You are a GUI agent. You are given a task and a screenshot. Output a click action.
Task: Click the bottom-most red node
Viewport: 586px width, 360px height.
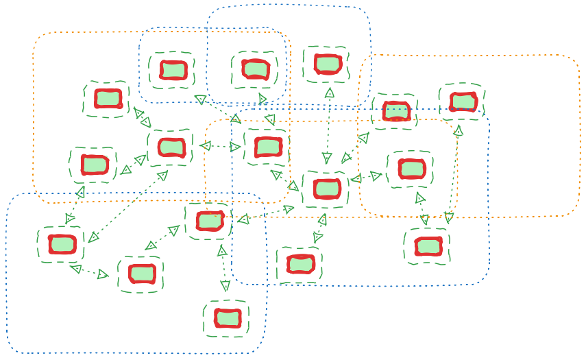coord(227,318)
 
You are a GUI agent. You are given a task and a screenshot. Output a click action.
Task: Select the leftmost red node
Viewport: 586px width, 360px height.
coord(62,243)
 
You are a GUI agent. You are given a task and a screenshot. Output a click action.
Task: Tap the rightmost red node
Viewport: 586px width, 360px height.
coord(463,101)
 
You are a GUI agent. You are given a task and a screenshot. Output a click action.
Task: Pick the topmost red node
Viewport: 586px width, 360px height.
coord(328,64)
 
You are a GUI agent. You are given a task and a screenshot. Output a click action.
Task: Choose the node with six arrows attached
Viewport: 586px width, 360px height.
coord(326,189)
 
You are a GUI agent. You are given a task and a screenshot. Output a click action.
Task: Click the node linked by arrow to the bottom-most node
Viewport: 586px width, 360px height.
coord(209,220)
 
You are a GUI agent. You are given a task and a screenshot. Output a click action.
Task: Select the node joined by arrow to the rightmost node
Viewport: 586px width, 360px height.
coord(428,245)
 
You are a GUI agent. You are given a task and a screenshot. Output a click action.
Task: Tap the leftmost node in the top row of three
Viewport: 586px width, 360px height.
coord(173,69)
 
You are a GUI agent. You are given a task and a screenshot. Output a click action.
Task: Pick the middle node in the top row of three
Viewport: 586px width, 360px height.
coord(255,69)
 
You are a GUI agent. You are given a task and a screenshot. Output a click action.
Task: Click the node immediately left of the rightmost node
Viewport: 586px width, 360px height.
coord(396,110)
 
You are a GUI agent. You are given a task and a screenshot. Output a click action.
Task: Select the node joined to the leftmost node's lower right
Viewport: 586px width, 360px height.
coord(141,274)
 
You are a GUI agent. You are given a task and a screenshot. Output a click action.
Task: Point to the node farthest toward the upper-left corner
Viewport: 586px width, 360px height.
coord(108,98)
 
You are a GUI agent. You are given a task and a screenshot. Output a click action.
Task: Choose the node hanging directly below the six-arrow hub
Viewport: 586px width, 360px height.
coord(300,263)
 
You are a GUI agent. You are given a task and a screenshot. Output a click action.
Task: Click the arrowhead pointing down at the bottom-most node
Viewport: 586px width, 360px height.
coord(225,285)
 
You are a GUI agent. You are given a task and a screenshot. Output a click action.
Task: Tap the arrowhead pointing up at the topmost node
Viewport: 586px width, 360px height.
coord(329,92)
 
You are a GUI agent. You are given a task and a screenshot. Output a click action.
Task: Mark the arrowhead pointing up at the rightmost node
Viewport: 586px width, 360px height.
coord(459,130)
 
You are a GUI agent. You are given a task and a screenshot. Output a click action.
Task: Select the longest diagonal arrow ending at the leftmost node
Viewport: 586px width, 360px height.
coord(127,206)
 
